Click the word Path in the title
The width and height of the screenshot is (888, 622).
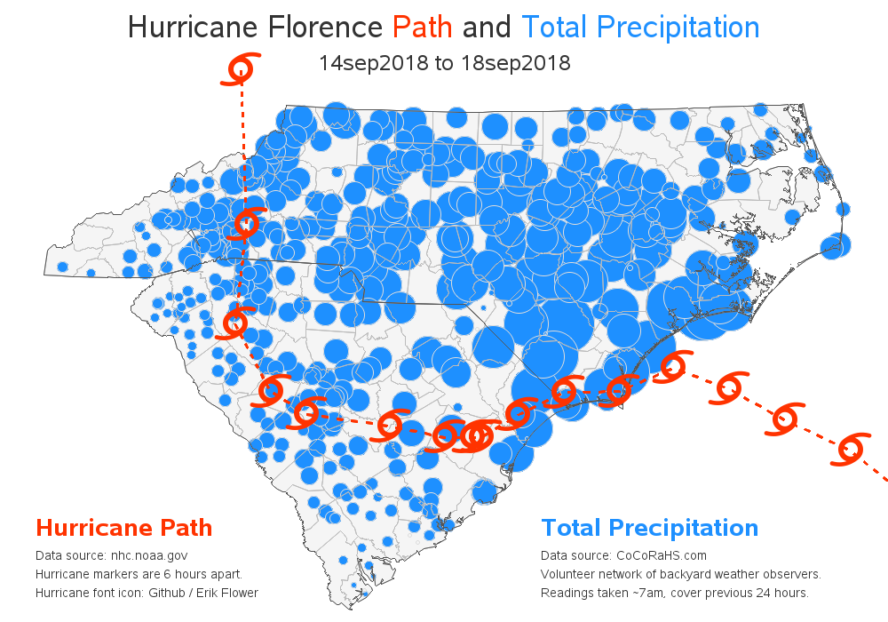(423, 28)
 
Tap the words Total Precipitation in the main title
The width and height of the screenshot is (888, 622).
(640, 28)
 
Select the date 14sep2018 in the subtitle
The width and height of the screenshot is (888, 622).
(368, 64)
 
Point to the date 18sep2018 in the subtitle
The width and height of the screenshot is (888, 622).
(519, 64)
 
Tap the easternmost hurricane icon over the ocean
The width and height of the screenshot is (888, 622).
(850, 449)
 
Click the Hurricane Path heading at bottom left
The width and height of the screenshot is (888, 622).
(123, 528)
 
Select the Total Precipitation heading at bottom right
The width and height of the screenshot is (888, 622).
(649, 528)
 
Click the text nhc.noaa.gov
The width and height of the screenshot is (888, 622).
(149, 555)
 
